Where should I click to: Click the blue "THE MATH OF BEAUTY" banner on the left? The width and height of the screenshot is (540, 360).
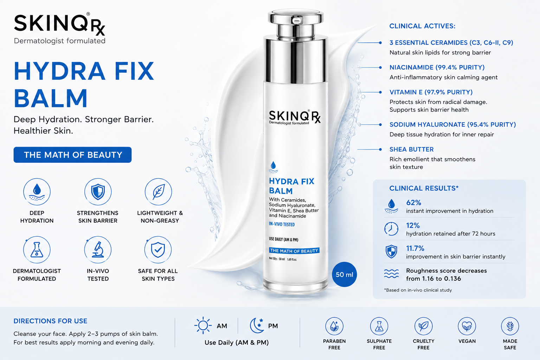[72, 155]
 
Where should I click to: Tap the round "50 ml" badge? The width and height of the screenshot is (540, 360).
[344, 275]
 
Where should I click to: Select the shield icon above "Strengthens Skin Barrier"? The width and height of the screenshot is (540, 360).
[98, 192]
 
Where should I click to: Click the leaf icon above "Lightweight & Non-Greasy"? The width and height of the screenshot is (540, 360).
[159, 192]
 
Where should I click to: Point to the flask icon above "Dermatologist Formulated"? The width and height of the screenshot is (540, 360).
[37, 250]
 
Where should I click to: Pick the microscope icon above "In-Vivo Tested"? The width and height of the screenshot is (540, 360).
[98, 250]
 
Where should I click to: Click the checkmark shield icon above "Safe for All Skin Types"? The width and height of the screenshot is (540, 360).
[158, 250]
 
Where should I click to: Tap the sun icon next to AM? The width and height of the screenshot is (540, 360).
[203, 326]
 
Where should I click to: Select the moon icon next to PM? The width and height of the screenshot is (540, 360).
[257, 326]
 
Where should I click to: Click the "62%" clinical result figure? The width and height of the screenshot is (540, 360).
[414, 202]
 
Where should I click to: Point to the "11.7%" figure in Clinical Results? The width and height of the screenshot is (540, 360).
[415, 248]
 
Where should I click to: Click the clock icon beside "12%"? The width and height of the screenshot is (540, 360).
[391, 229]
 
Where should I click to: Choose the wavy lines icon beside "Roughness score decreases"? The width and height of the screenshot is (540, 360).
[391, 274]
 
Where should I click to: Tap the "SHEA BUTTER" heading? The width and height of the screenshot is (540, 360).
[412, 149]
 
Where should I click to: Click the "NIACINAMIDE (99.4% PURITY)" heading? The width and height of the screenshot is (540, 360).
[437, 67]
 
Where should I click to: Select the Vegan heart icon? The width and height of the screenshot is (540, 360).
[467, 326]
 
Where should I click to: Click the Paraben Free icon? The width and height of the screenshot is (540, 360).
[334, 326]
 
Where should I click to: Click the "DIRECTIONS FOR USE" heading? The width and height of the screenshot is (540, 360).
[50, 321]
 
